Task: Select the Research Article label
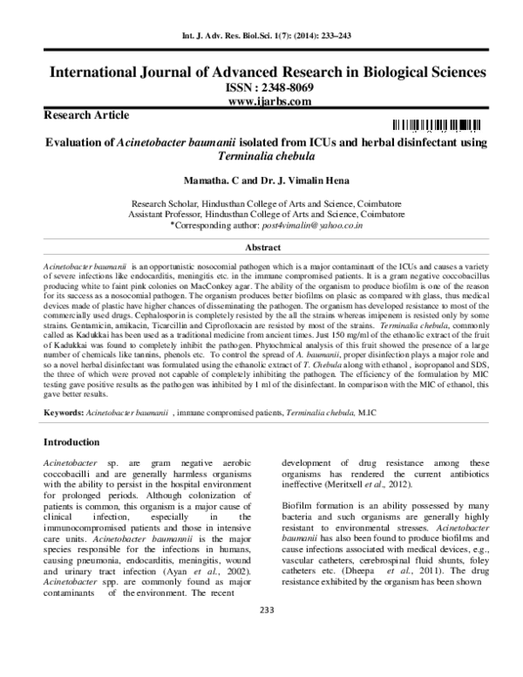(x=80, y=115)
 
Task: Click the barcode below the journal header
(x=436, y=125)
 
